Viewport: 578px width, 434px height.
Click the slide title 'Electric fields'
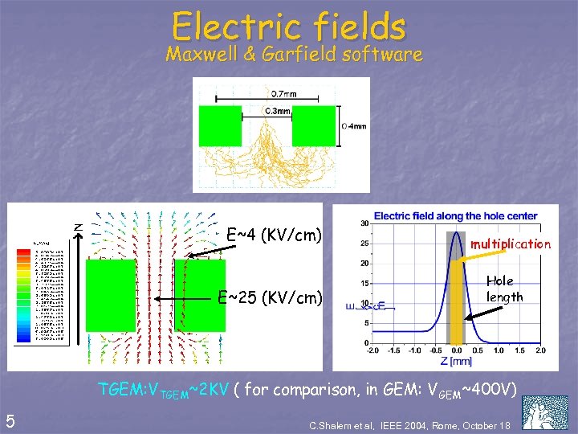coord(289,26)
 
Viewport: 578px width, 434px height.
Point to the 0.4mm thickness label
coord(354,125)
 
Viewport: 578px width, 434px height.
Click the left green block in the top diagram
coord(220,125)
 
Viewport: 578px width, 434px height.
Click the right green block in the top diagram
coord(314,125)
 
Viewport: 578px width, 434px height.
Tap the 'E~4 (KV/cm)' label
coord(275,235)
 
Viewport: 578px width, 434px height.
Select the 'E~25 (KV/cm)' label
coord(271,297)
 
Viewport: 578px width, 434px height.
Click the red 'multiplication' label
coord(511,244)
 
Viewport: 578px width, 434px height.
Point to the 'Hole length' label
coord(505,289)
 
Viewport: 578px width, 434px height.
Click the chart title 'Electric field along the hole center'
coord(455,215)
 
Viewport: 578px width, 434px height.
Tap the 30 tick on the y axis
coord(364,223)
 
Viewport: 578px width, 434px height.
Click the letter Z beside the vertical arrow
coord(79,227)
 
